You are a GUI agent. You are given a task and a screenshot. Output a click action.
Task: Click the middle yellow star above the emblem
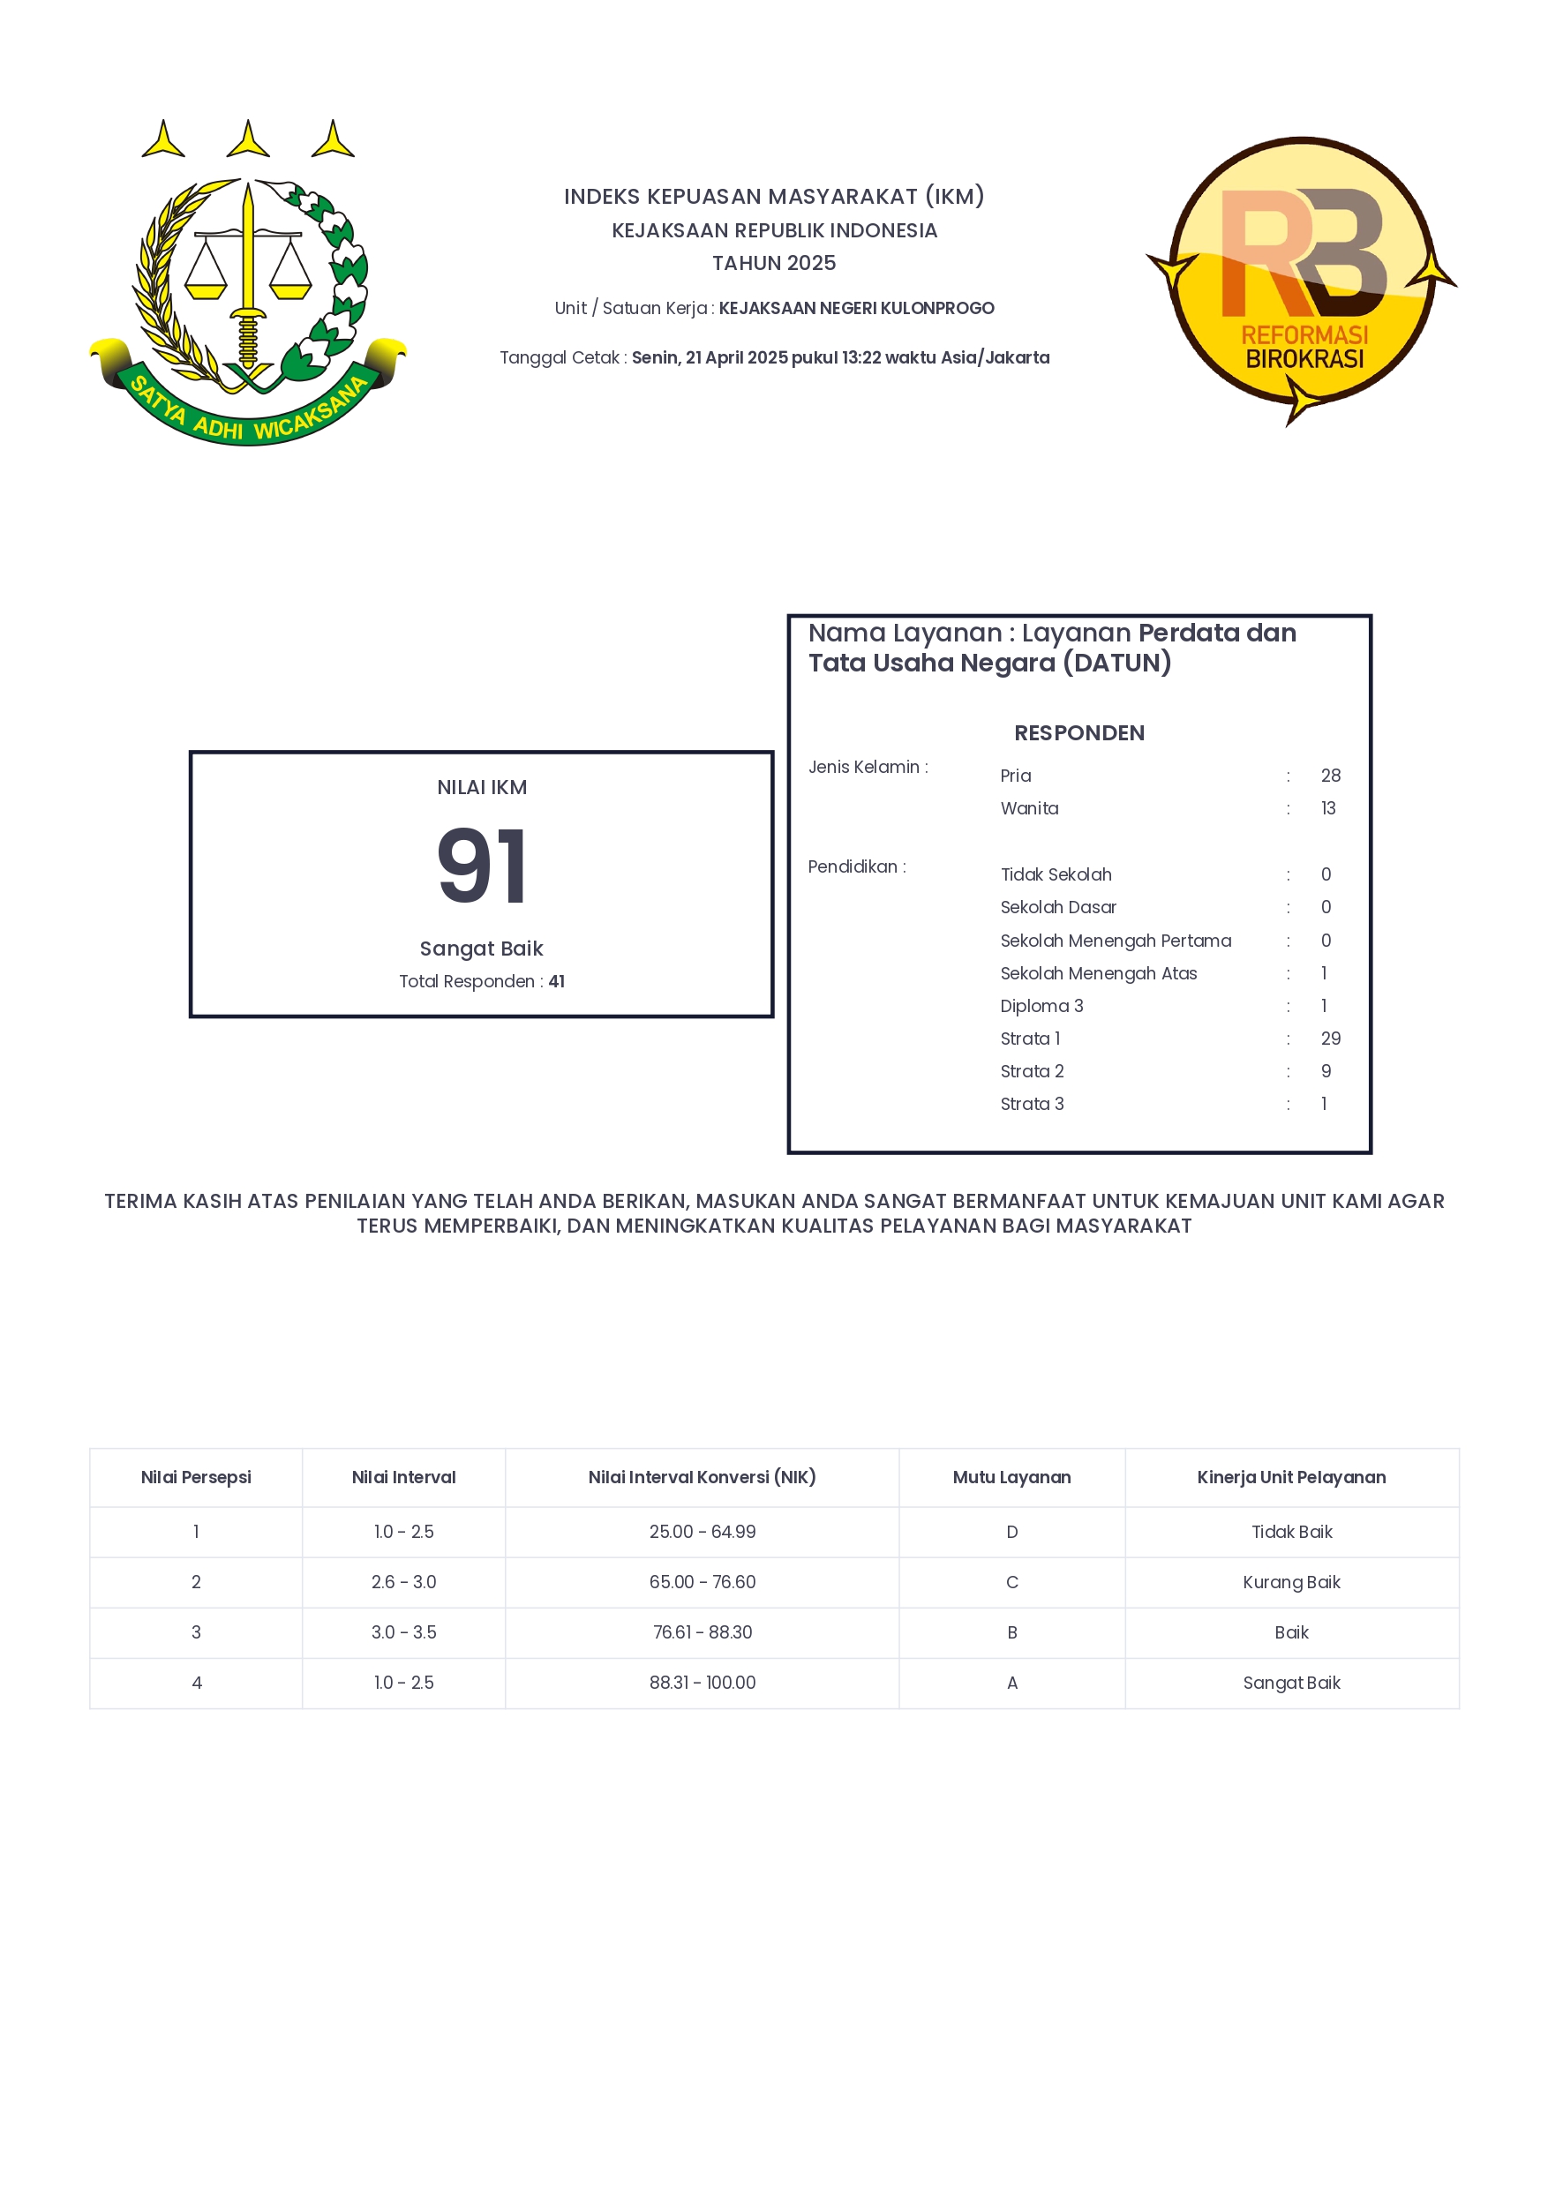(248, 140)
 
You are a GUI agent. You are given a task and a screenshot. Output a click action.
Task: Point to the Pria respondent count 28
(1330, 776)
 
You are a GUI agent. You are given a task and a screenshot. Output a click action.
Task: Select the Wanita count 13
(1327, 808)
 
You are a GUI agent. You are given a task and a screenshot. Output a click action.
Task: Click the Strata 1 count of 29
(1330, 1038)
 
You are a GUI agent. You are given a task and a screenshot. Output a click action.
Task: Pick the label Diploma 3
(1041, 1005)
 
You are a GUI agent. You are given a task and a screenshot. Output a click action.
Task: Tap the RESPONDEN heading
(1078, 732)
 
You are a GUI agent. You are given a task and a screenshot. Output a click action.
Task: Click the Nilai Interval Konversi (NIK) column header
(702, 1476)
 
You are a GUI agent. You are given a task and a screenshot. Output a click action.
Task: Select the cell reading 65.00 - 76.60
(702, 1581)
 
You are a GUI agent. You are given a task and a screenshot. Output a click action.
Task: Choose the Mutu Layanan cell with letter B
(1012, 1632)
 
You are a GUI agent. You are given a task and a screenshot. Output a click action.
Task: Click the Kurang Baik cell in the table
(1291, 1581)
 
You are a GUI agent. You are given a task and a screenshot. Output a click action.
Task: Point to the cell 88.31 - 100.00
(702, 1683)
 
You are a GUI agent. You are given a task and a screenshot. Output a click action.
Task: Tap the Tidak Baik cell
(1291, 1531)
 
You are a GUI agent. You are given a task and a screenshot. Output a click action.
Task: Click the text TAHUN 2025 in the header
(773, 262)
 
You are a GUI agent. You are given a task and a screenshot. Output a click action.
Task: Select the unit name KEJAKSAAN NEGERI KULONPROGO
(855, 308)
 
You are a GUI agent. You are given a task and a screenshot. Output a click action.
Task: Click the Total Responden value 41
(556, 980)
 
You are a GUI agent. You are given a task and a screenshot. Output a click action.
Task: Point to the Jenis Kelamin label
(868, 767)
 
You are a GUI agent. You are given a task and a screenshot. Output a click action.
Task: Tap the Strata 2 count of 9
(1326, 1071)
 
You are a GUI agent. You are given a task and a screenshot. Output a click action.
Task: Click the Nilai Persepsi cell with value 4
(197, 1683)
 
